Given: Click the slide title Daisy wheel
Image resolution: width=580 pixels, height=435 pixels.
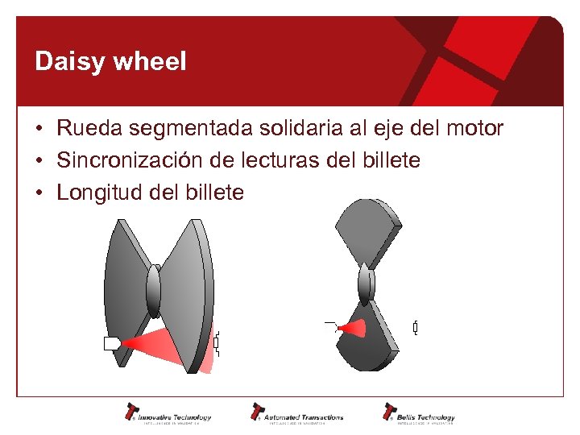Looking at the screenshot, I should pyautogui.click(x=110, y=62).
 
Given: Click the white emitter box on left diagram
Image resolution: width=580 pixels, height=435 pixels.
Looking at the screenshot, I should pyautogui.click(x=111, y=344).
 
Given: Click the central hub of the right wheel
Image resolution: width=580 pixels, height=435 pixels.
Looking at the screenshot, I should pyautogui.click(x=367, y=283).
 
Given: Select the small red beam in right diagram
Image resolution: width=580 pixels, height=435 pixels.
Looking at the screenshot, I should pyautogui.click(x=352, y=328).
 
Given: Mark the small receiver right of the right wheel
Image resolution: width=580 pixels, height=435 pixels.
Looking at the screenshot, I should pyautogui.click(x=416, y=328).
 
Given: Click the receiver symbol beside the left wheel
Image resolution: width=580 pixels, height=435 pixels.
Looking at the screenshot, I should pyautogui.click(x=216, y=343).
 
